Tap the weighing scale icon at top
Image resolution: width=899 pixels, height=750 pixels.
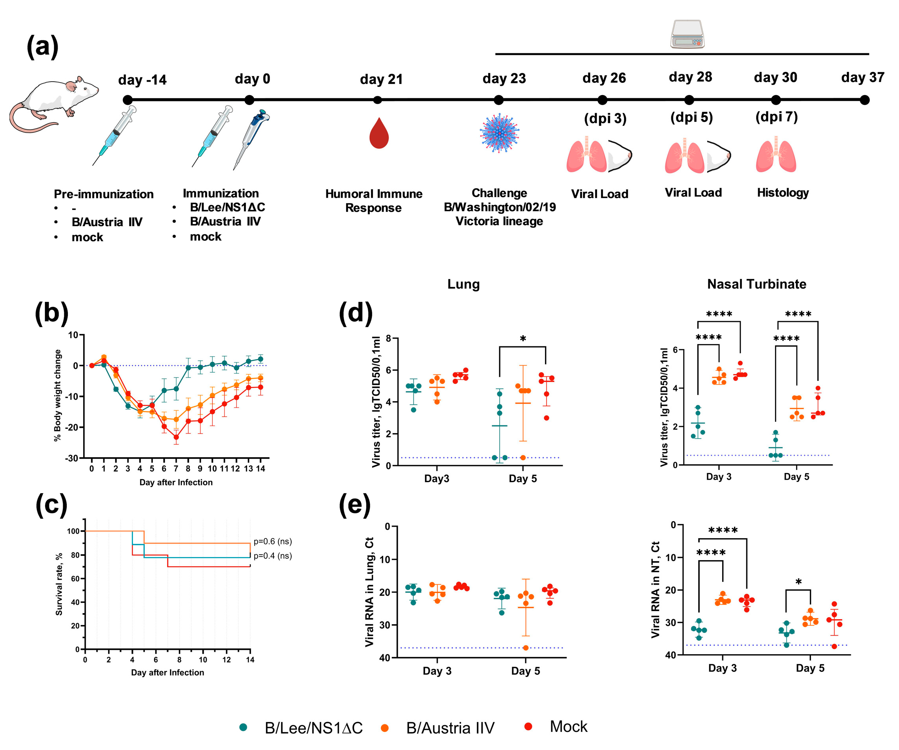point(687,34)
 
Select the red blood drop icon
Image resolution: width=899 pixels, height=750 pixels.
point(379,134)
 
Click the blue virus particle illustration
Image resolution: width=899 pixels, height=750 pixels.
point(499,133)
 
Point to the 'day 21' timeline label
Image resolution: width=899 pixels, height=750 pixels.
point(381,79)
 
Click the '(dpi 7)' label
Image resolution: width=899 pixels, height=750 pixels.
point(776,117)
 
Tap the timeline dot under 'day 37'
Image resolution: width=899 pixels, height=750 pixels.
point(864,100)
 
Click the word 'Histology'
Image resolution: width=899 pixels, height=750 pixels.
point(783,193)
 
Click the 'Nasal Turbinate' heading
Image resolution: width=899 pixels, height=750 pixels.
point(756,284)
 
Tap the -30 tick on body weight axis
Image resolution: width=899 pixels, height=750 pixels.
point(72,458)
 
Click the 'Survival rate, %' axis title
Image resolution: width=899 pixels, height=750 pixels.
point(59,584)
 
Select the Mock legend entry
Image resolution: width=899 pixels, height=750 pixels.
point(556,726)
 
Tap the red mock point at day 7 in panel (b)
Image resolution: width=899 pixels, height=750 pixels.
point(176,437)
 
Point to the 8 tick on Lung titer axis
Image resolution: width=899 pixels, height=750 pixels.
point(388,338)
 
